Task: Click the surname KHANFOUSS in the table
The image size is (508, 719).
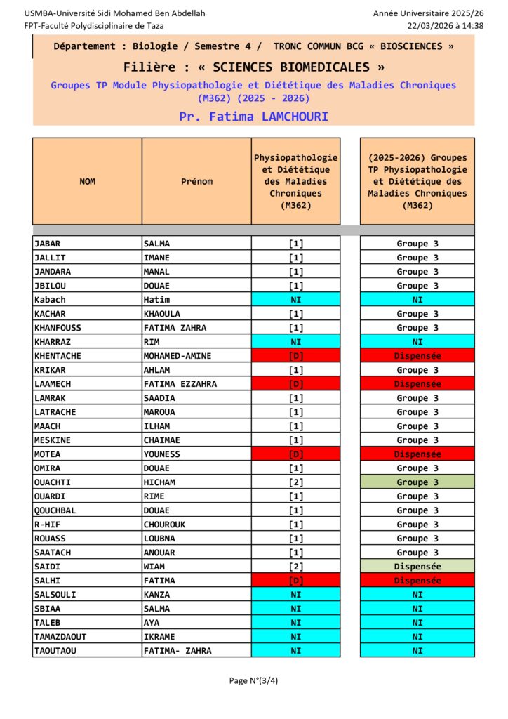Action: click(x=58, y=328)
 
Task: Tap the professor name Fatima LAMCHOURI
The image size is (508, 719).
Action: click(x=253, y=117)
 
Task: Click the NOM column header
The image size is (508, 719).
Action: click(x=87, y=181)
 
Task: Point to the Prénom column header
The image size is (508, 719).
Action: click(x=196, y=181)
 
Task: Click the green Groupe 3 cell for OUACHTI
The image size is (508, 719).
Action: click(x=417, y=482)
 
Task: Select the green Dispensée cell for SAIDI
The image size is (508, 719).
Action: click(x=417, y=567)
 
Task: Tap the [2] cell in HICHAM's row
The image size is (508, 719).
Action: click(x=295, y=482)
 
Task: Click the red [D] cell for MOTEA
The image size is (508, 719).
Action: click(x=295, y=454)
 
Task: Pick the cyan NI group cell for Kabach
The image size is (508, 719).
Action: click(x=417, y=300)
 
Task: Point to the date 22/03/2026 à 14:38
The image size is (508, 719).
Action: click(x=446, y=25)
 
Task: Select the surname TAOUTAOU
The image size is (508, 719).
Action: click(x=55, y=651)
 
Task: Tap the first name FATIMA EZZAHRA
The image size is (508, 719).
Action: click(x=180, y=384)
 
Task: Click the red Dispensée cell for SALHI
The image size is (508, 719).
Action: click(x=417, y=581)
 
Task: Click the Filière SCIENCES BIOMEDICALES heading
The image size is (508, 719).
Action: click(x=253, y=67)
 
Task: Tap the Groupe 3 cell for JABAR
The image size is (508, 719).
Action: click(x=417, y=244)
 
